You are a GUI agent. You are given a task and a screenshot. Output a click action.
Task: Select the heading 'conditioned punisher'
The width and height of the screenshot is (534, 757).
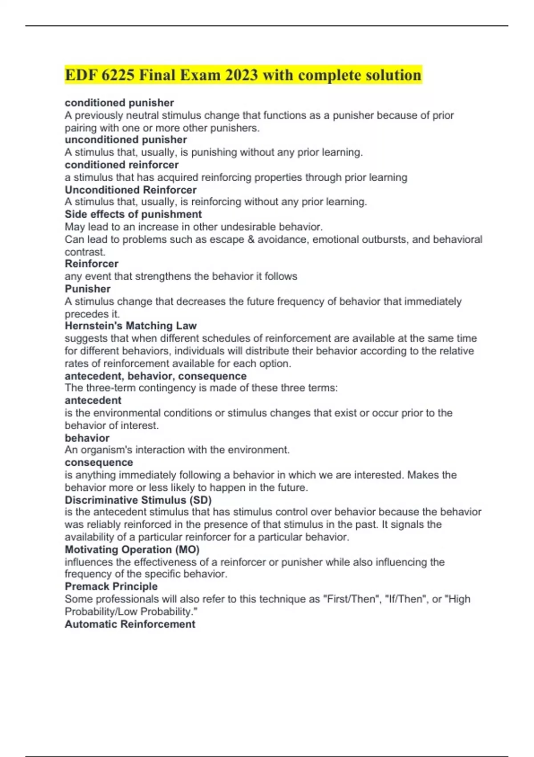tap(119, 103)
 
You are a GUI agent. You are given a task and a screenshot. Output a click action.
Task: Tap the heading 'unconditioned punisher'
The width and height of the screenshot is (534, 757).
tap(125, 140)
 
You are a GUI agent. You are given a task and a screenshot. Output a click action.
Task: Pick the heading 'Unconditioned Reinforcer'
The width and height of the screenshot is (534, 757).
tap(130, 190)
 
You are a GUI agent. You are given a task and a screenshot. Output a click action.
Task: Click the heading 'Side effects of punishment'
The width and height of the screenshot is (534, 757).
tap(133, 214)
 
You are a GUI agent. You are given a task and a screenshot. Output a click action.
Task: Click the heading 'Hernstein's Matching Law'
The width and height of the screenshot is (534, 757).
tap(130, 326)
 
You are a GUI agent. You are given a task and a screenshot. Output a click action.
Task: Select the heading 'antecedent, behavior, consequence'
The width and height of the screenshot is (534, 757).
tap(155, 376)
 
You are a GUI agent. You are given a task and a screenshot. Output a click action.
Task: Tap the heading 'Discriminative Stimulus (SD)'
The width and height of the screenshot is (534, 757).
tap(138, 500)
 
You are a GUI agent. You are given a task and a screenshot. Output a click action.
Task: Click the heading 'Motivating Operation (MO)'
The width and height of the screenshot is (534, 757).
tap(132, 549)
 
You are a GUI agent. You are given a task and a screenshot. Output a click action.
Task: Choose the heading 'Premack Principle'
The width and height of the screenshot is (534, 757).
tap(111, 586)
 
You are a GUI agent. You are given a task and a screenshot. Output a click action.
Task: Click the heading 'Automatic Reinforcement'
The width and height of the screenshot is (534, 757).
tap(130, 624)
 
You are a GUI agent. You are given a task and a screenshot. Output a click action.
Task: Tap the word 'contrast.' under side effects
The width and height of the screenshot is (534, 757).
tap(85, 252)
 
